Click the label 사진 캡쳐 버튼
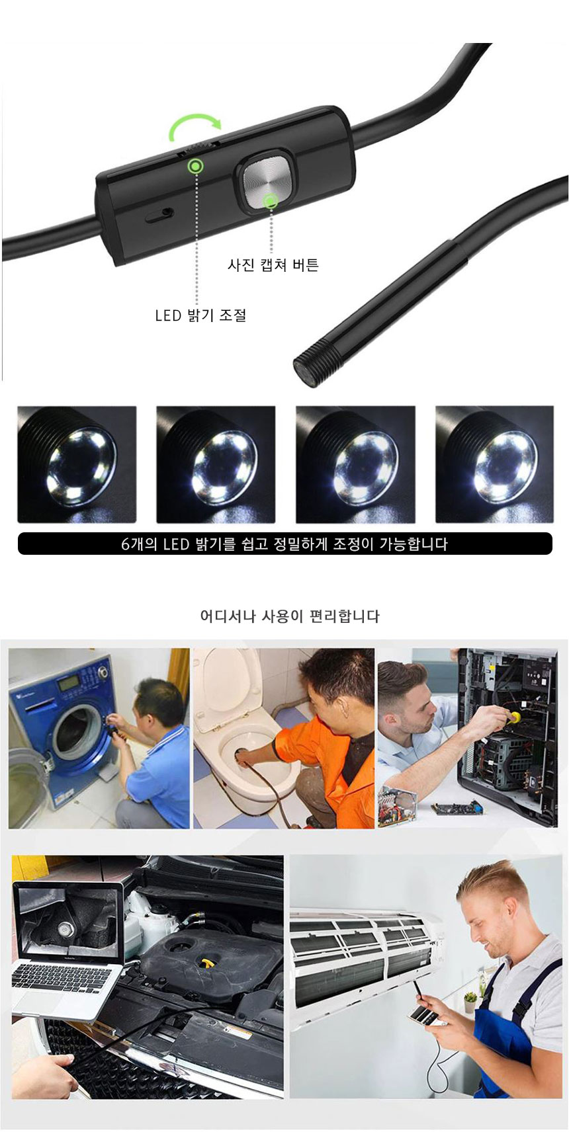(273, 265)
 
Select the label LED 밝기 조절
(200, 315)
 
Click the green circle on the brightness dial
(196, 166)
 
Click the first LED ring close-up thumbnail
(77, 464)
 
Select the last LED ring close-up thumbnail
(494, 464)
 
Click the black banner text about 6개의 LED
(284, 544)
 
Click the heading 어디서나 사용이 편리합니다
(290, 616)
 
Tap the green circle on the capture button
(270, 201)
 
